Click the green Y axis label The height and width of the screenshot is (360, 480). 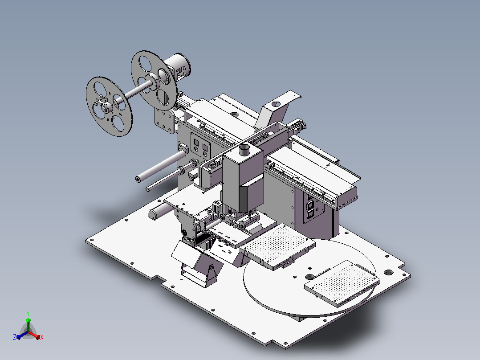click(x=28, y=313)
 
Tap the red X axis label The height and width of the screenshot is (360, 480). click(x=42, y=337)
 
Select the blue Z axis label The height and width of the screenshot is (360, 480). click(x=15, y=337)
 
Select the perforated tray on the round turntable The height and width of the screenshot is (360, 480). click(x=342, y=283)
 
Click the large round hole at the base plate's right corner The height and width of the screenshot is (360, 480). click(x=388, y=272)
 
